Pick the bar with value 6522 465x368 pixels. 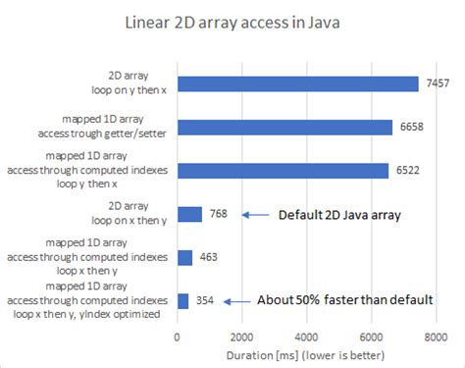[283, 171]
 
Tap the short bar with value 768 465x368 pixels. [189, 214]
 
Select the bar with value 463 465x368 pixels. [184, 257]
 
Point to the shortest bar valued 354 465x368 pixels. [182, 300]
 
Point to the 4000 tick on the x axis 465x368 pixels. [306, 335]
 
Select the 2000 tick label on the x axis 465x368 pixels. [241, 335]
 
